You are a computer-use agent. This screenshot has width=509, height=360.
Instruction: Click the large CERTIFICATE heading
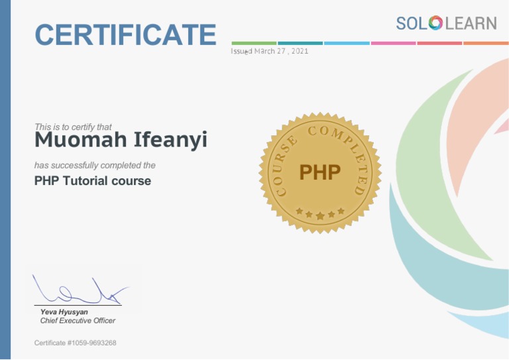[x=125, y=34]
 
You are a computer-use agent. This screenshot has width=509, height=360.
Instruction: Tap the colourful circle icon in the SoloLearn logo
[x=435, y=23]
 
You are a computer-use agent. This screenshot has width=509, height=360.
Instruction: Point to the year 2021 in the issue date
[x=298, y=52]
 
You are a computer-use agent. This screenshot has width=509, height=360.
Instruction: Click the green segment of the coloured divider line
[x=254, y=43]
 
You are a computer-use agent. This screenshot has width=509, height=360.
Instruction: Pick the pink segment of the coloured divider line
[x=393, y=43]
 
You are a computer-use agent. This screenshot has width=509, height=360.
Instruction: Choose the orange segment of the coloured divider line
[x=486, y=43]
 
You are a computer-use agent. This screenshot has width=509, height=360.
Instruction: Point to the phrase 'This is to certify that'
[x=73, y=127]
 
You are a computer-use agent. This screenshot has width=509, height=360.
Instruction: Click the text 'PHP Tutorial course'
[x=93, y=180]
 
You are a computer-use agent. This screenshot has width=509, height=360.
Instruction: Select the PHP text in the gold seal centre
[x=319, y=172]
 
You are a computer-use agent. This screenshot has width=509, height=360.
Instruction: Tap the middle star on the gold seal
[x=320, y=215]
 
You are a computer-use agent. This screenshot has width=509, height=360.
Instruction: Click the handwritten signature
[x=80, y=290]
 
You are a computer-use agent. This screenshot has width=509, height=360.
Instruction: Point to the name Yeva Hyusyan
[x=64, y=312]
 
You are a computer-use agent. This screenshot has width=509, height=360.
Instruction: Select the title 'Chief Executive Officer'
[x=78, y=321]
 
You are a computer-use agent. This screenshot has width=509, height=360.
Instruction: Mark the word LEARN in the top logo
[x=470, y=23]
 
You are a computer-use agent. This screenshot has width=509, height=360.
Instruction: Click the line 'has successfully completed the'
[x=95, y=165]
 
